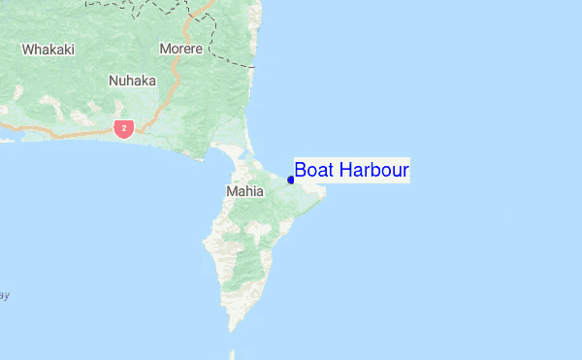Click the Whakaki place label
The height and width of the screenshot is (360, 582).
click(48, 49)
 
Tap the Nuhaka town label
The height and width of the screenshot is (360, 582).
click(132, 81)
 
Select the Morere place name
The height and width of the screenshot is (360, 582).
click(181, 49)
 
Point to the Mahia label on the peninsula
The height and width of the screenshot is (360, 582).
click(243, 191)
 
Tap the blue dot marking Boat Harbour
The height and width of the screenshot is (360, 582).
click(291, 179)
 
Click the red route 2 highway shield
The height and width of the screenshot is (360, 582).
click(123, 128)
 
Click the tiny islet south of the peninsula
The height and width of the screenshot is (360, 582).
click(231, 353)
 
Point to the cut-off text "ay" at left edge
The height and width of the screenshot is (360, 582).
click(4, 295)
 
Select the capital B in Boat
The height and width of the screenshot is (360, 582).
click(301, 171)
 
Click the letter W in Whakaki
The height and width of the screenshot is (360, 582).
click(28, 49)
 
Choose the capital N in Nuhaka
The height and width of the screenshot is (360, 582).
click(113, 81)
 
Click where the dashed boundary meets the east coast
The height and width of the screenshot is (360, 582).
click(254, 67)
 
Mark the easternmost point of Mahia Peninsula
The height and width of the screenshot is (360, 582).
click(325, 192)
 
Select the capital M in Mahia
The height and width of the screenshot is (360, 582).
click(231, 191)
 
